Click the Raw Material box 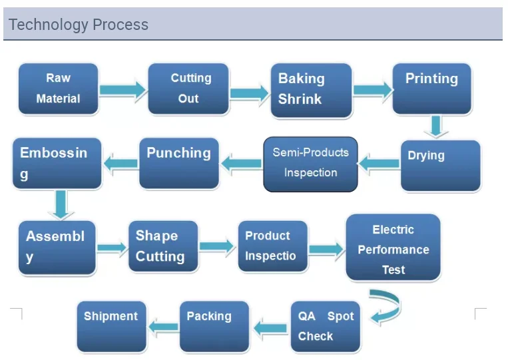(58, 89)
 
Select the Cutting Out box (188, 89)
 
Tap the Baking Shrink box (311, 90)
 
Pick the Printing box (432, 88)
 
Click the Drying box (440, 165)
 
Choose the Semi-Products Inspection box (311, 164)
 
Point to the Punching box (178, 162)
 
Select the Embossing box (57, 162)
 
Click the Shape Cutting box (163, 246)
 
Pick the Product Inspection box (273, 246)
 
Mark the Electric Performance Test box (393, 248)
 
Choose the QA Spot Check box (326, 326)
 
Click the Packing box (214, 326)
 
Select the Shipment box (111, 326)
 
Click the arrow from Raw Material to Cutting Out (123, 89)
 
